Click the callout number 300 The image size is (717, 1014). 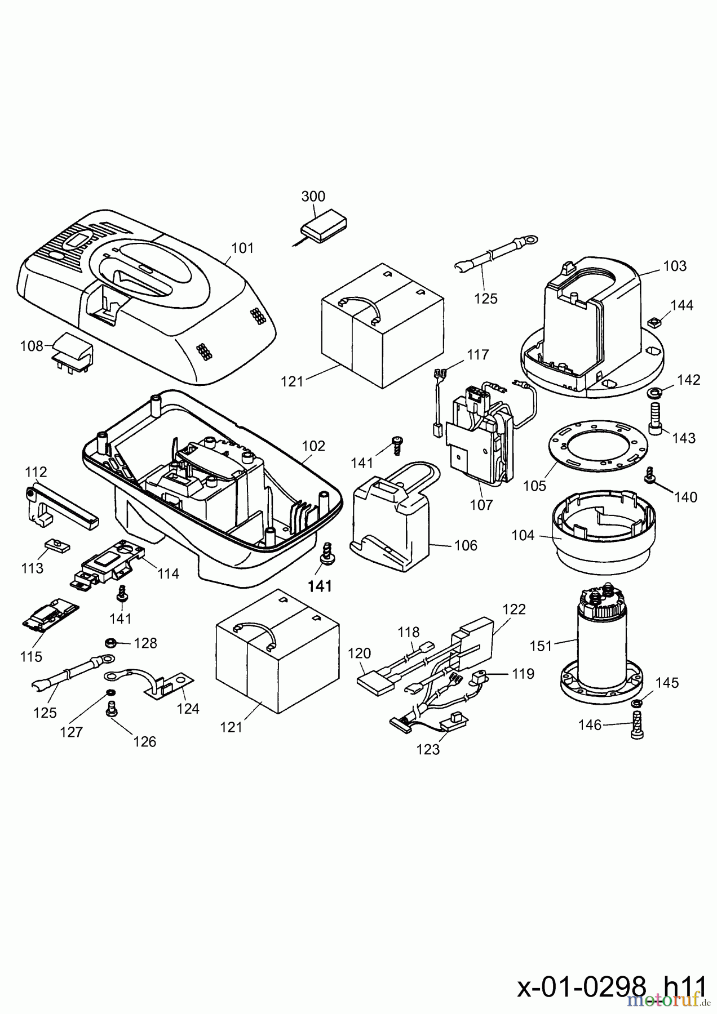pyautogui.click(x=313, y=196)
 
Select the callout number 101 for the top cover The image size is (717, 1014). pyautogui.click(x=242, y=248)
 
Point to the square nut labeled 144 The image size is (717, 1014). pyautogui.click(x=654, y=323)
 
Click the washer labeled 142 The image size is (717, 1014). pyautogui.click(x=655, y=392)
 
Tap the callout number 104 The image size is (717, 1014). pyautogui.click(x=523, y=535)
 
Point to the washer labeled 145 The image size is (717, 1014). pyautogui.click(x=638, y=703)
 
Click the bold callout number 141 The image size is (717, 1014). pyautogui.click(x=320, y=586)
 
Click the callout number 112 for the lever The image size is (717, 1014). pyautogui.click(x=37, y=471)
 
